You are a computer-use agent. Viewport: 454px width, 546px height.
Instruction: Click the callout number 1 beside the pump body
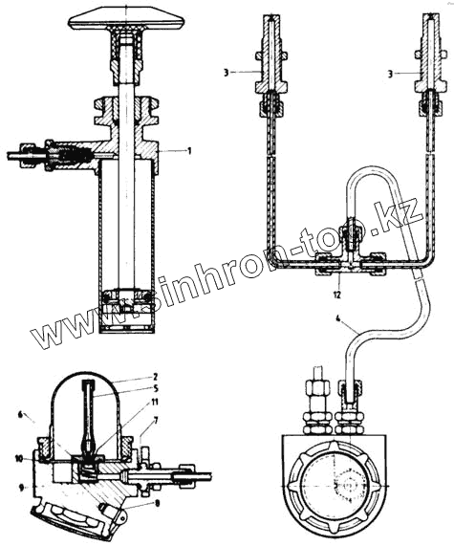click(x=189, y=151)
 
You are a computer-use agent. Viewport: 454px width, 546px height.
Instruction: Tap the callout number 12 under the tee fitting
click(x=337, y=295)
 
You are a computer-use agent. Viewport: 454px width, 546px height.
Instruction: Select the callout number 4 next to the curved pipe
click(x=338, y=317)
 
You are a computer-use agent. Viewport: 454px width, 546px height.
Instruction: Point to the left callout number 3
click(x=227, y=73)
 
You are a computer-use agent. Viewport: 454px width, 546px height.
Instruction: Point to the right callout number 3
click(x=391, y=75)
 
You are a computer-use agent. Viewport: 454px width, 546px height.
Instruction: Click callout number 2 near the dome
click(x=155, y=377)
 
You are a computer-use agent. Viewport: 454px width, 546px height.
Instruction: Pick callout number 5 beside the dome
click(x=155, y=389)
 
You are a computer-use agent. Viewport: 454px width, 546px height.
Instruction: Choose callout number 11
click(x=155, y=403)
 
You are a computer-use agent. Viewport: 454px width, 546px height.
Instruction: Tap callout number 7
click(x=155, y=421)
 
